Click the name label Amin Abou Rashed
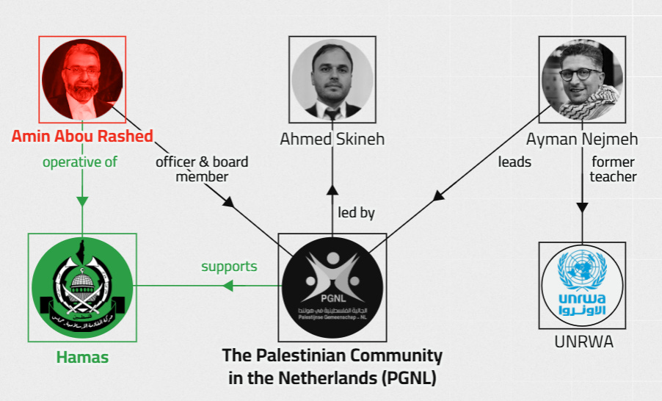[82, 136]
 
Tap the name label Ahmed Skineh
[332, 139]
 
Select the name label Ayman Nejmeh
[582, 139]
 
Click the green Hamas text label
[82, 358]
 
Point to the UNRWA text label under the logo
[583, 342]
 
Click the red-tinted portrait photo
[83, 79]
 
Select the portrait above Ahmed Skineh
[332, 79]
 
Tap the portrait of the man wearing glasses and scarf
[582, 79]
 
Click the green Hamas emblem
[82, 287]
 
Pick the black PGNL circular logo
[332, 287]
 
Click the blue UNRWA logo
[583, 286]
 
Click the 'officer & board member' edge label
[201, 169]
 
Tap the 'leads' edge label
[514, 162]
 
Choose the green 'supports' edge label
[229, 266]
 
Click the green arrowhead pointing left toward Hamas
[228, 286]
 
